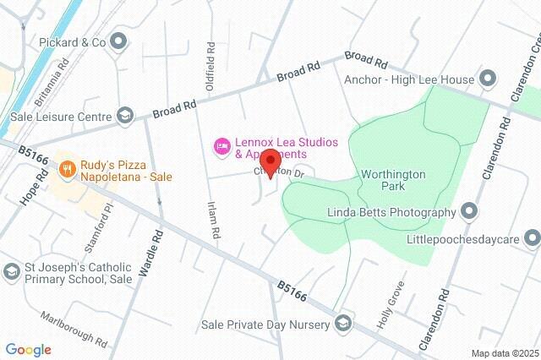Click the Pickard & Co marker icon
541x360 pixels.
click(118, 40)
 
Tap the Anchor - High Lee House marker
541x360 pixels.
click(487, 80)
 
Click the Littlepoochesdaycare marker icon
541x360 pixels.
click(532, 236)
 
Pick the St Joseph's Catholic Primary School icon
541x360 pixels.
click(11, 271)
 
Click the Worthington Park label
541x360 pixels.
click(393, 179)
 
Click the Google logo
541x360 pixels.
click(28, 349)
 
